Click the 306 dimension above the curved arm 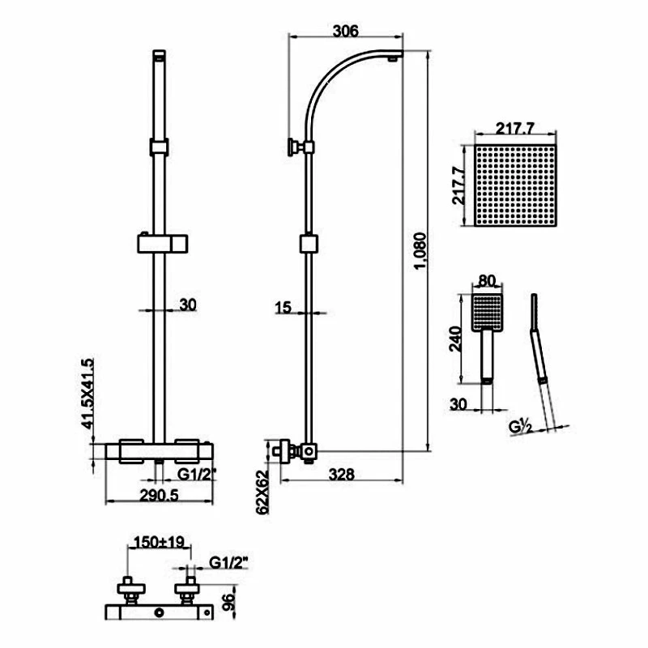(346, 31)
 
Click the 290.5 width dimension (158, 497)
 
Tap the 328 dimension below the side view (343, 475)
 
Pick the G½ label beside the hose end (520, 426)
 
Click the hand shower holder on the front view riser (162, 243)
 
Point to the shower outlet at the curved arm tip (393, 57)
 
